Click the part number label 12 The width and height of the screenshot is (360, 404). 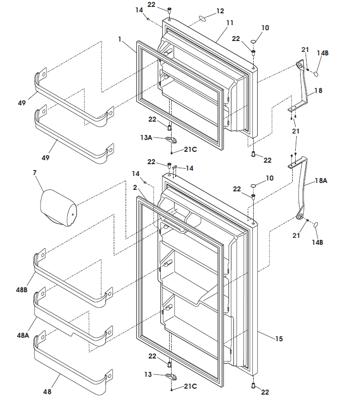[x=220, y=11]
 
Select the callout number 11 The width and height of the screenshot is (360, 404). [x=230, y=23]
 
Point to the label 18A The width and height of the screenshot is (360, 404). [x=321, y=181]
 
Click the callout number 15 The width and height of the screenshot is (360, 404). [x=279, y=339]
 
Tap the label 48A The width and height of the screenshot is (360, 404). [x=22, y=335]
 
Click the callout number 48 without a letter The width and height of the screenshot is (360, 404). [x=47, y=392]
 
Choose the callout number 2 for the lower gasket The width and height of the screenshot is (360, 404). [x=135, y=187]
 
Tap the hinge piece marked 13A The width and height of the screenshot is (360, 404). [x=171, y=139]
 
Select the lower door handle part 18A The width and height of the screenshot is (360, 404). [x=303, y=188]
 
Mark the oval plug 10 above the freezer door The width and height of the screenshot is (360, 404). [x=253, y=42]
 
